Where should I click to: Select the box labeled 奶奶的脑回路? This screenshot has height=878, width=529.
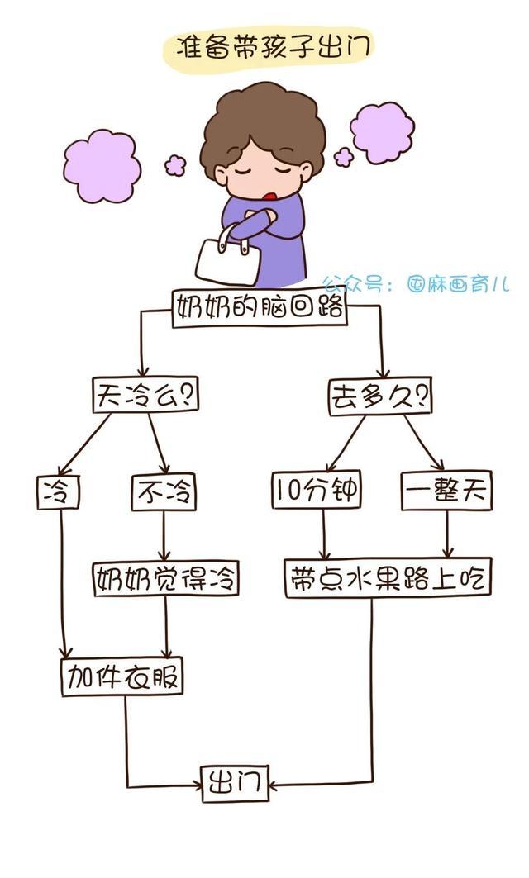[x=259, y=308]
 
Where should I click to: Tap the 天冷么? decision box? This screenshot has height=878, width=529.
[x=145, y=395]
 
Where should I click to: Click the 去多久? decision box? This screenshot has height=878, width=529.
[x=379, y=396]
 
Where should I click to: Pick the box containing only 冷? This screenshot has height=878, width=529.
[x=58, y=492]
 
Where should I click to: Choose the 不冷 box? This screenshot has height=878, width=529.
[x=164, y=492]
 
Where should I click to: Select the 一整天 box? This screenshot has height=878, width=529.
[x=446, y=491]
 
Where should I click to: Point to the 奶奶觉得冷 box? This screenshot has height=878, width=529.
[x=165, y=578]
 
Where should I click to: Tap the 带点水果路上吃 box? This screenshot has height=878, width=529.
[x=388, y=578]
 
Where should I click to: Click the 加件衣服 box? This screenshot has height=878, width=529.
[x=122, y=677]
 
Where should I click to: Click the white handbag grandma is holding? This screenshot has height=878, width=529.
[x=222, y=258]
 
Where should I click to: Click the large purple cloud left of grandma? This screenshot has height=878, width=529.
[x=101, y=165]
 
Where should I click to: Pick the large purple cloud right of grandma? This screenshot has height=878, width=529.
[x=382, y=132]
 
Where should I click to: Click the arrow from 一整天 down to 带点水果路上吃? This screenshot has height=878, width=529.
[x=447, y=535]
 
